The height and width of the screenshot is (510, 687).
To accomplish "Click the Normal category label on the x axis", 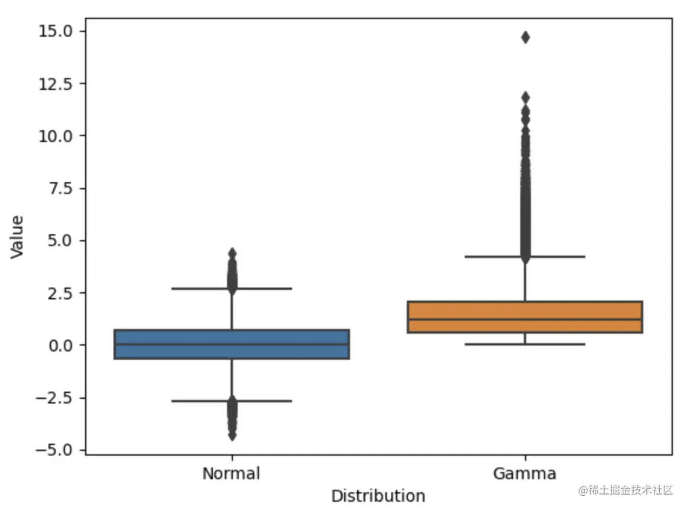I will tap(231, 474).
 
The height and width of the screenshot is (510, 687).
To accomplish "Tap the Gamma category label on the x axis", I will tap(524, 474).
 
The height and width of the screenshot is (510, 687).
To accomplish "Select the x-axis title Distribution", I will tap(378, 496).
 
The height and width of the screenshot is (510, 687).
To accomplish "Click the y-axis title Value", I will tap(18, 237).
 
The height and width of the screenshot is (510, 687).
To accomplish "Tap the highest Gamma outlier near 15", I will tap(525, 37).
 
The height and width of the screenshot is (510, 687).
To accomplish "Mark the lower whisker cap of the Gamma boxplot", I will tap(556, 344).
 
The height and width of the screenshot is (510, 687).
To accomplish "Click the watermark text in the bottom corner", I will tap(626, 490).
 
